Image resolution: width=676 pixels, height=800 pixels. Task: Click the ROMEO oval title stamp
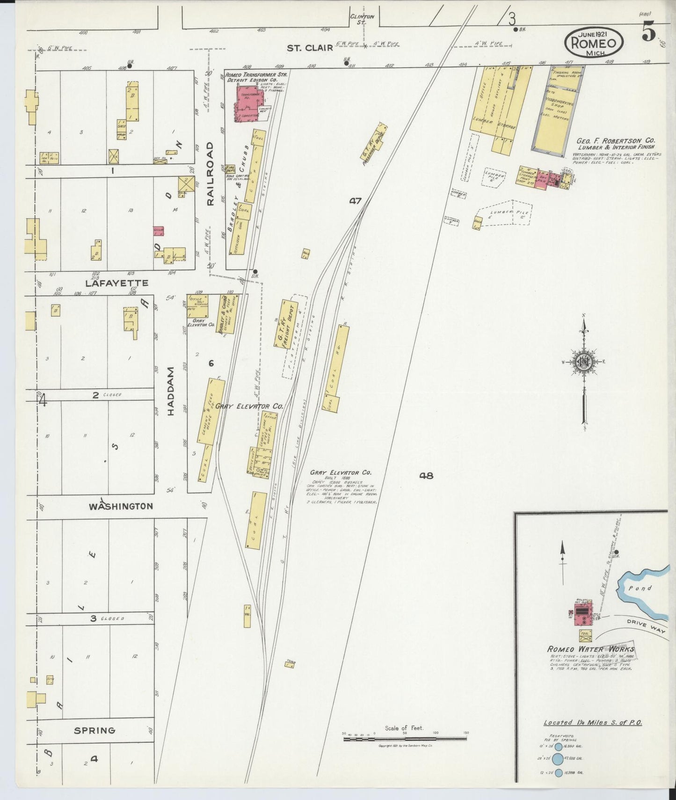[594, 42]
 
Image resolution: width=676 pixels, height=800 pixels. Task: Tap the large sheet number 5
[648, 33]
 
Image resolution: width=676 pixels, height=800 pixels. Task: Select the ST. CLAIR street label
[310, 47]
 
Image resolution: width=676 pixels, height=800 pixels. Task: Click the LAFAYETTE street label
[116, 283]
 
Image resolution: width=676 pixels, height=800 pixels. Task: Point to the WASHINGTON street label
[121, 506]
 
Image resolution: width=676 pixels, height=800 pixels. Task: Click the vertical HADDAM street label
[170, 391]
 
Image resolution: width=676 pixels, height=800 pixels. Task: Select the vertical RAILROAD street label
[210, 174]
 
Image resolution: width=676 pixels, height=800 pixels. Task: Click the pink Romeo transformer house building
[250, 102]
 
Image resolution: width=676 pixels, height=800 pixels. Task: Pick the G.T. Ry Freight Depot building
[286, 324]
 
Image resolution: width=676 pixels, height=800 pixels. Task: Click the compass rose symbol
[584, 362]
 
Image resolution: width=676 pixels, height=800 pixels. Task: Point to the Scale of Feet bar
[405, 739]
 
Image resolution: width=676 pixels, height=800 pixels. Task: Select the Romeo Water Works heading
[590, 649]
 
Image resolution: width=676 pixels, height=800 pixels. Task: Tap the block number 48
[426, 476]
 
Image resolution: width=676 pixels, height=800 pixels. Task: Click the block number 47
[355, 201]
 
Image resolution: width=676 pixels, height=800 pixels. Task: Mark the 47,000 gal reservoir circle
[558, 758]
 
